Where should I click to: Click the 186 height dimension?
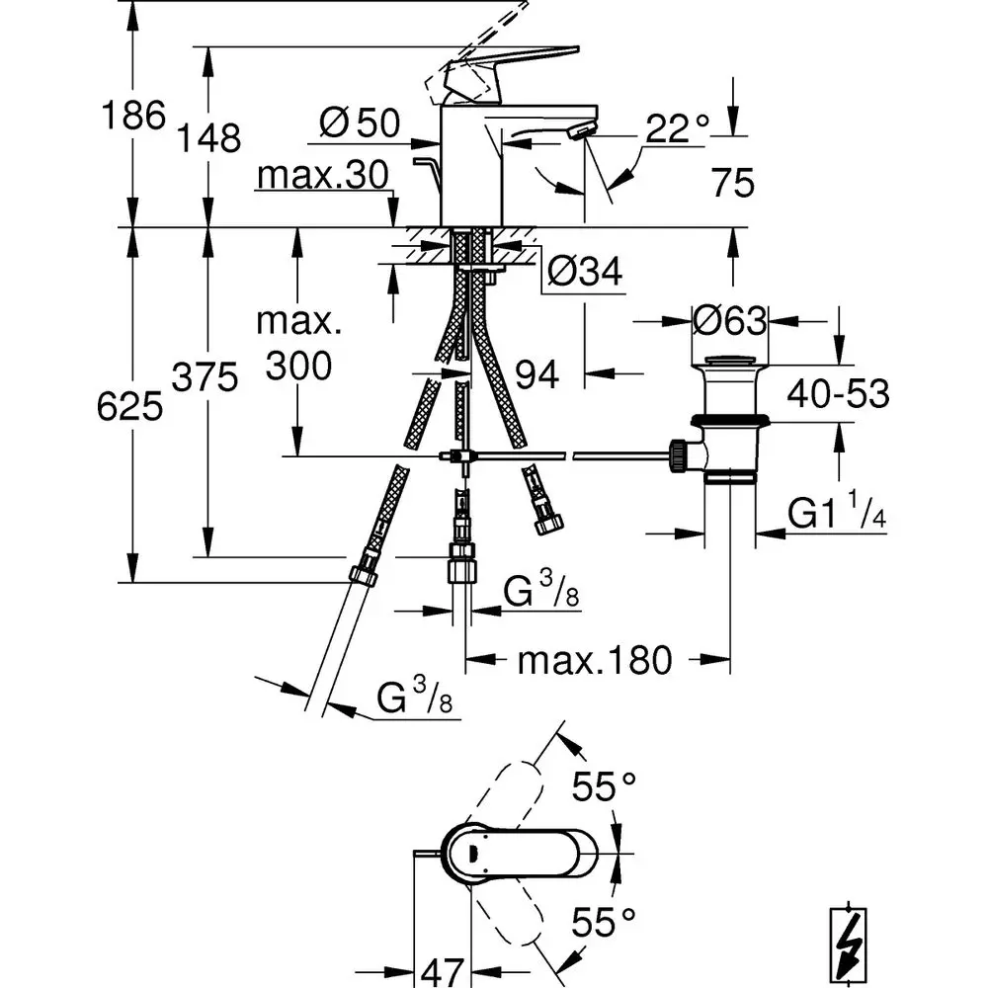(x=133, y=116)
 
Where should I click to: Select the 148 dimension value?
(x=207, y=137)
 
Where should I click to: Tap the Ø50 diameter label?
(x=360, y=123)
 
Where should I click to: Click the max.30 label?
(x=323, y=175)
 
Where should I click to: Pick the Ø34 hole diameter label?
(x=585, y=271)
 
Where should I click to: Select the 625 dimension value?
(x=129, y=406)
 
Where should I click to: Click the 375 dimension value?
(x=205, y=377)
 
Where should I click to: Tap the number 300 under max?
(x=298, y=366)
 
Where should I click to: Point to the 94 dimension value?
(x=536, y=374)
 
